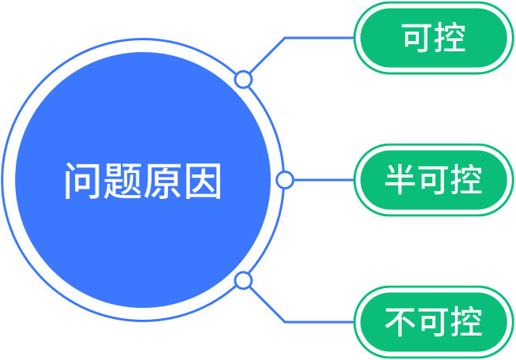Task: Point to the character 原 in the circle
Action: click(x=162, y=181)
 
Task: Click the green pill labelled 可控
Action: click(x=432, y=38)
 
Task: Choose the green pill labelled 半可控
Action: click(x=432, y=180)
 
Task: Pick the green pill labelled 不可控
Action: click(x=432, y=322)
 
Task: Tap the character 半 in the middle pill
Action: click(x=400, y=180)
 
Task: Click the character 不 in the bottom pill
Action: click(x=400, y=322)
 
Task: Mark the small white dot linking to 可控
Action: click(x=244, y=79)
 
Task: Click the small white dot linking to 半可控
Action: click(x=285, y=180)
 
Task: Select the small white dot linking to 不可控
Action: click(x=244, y=280)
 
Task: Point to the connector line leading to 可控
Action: click(x=316, y=37)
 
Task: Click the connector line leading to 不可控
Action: click(x=316, y=322)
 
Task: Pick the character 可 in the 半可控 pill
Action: click(x=432, y=180)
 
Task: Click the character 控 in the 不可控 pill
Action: click(x=466, y=322)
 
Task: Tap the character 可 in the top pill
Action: click(x=416, y=38)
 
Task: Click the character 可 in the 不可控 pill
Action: click(x=432, y=322)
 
